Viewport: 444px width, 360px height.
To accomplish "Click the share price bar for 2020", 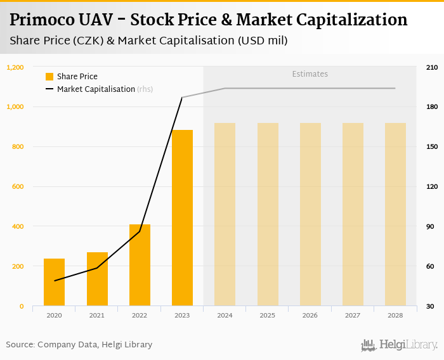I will click(x=54, y=282).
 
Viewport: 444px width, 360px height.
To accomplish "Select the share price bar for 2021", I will click(x=97, y=279).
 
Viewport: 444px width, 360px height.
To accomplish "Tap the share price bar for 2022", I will click(x=140, y=265).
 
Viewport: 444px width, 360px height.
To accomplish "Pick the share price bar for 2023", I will click(x=182, y=218).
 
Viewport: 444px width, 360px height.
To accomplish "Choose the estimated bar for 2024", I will click(x=225, y=214).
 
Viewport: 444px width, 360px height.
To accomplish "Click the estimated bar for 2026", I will click(x=310, y=214).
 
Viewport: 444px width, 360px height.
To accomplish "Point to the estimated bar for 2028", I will click(x=395, y=214).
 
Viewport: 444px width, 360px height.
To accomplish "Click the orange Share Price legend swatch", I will click(x=49, y=77).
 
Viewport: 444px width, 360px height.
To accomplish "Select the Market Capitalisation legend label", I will click(x=96, y=89).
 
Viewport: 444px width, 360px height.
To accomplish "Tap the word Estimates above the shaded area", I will click(x=310, y=74).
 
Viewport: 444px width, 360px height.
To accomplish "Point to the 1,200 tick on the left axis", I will click(x=15, y=67).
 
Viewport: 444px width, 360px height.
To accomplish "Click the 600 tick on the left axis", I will click(x=18, y=186).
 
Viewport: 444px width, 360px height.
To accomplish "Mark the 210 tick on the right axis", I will click(x=431, y=67).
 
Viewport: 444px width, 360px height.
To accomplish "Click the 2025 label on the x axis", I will click(x=267, y=315).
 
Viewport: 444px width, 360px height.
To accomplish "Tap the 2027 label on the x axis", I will click(x=353, y=315).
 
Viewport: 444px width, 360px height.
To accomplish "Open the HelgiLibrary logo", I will click(x=400, y=345).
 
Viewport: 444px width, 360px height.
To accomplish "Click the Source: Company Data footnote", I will click(x=79, y=345).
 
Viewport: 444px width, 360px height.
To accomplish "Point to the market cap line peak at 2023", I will click(x=182, y=98).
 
